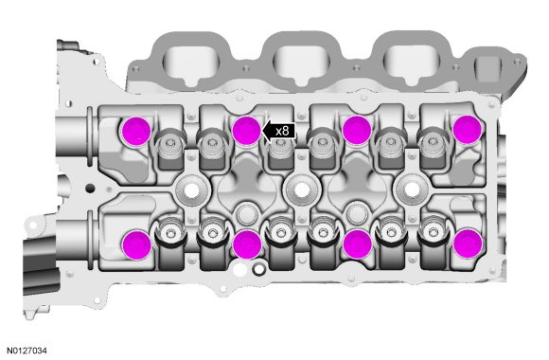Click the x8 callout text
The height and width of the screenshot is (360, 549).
pyautogui.click(x=282, y=132)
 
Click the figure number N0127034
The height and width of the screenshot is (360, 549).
pyautogui.click(x=27, y=351)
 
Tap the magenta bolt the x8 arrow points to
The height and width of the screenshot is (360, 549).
pyautogui.click(x=246, y=131)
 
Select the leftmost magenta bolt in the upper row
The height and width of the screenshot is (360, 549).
pyautogui.click(x=136, y=131)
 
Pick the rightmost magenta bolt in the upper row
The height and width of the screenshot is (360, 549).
pyautogui.click(x=467, y=130)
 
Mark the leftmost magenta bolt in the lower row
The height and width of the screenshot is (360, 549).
pyautogui.click(x=137, y=244)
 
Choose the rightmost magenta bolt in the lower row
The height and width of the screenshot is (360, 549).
pyautogui.click(x=468, y=243)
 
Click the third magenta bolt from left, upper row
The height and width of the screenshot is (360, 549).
pyautogui.click(x=357, y=129)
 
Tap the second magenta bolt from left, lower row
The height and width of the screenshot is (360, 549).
pyautogui.click(x=247, y=244)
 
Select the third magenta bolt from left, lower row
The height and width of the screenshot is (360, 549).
pyautogui.click(x=357, y=243)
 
